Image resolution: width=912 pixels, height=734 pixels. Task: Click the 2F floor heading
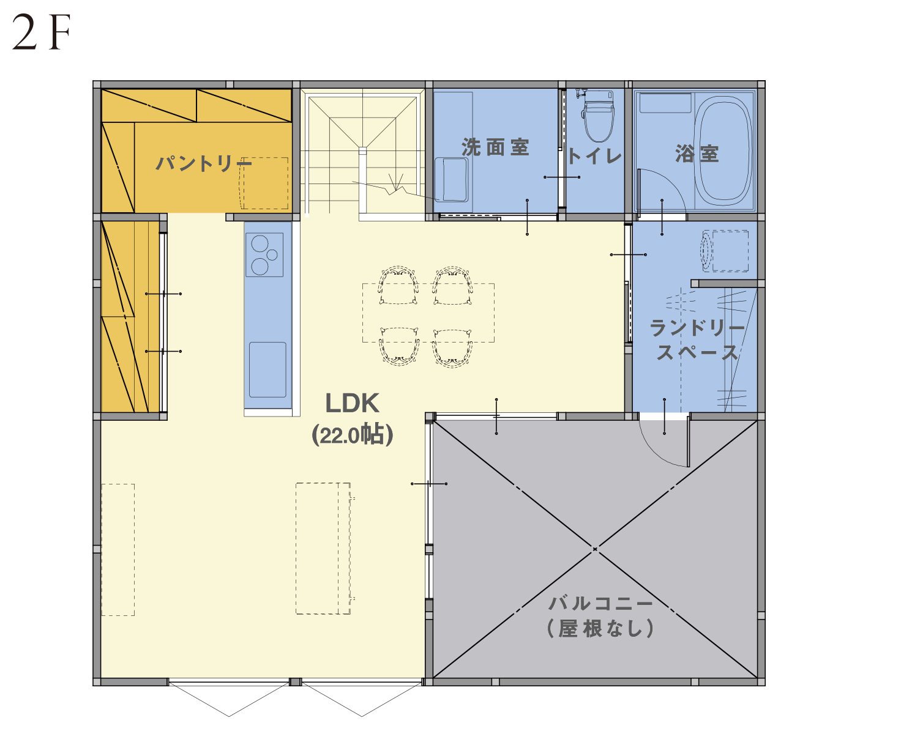point(41,32)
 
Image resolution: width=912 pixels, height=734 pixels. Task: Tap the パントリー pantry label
point(203,163)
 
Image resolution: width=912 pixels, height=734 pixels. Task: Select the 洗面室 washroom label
point(495,147)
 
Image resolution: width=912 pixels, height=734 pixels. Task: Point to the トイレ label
point(594,156)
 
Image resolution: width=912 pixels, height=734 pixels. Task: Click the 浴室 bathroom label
point(697,154)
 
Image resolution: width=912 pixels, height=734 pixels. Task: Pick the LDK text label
point(352,403)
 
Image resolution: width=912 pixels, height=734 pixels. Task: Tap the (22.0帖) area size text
point(352,435)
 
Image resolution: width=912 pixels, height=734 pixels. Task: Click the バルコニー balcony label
point(600,604)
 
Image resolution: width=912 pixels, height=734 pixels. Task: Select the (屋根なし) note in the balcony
point(600,629)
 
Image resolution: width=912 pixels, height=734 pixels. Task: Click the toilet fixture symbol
point(598,114)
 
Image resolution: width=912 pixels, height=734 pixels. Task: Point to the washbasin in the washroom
point(452,180)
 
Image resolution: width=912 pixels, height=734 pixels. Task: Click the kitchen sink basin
point(267,370)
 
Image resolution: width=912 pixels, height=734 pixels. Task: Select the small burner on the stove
point(272,254)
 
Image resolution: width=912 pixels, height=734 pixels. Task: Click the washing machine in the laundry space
point(725,251)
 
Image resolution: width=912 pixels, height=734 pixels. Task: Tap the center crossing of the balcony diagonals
point(595,549)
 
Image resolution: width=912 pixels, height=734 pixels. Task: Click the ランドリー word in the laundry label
point(697,327)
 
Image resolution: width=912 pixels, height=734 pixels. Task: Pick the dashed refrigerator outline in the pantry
point(264,183)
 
